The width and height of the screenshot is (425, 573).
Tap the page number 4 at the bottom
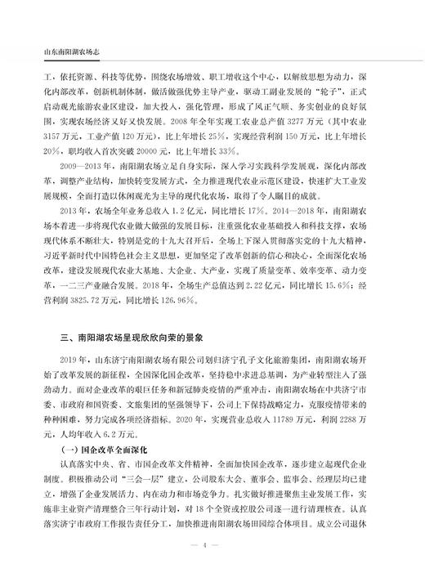pos(212,546)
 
